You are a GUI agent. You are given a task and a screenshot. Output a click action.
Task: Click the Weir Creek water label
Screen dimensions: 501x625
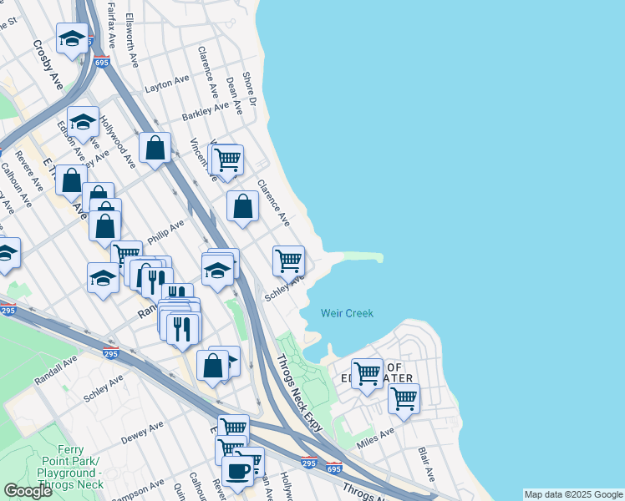point(347,313)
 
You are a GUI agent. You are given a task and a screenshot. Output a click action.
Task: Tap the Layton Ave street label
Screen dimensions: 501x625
point(167,83)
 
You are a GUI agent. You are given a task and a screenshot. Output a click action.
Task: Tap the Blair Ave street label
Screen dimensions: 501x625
point(426,464)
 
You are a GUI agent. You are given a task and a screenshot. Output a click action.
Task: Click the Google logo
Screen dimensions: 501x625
point(28,491)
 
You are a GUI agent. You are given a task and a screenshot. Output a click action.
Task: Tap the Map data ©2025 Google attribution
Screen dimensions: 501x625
point(572,494)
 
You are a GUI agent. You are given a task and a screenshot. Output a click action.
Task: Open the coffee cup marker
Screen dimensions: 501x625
point(237,470)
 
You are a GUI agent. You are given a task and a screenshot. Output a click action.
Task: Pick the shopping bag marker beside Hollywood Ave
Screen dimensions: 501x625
point(155,149)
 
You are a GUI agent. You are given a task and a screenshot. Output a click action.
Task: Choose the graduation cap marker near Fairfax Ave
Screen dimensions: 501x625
point(72,38)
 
